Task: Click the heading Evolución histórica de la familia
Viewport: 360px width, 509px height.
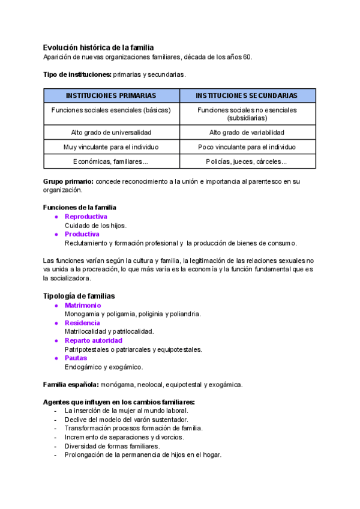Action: click(x=98, y=47)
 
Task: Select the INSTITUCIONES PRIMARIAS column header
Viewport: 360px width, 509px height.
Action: click(x=111, y=95)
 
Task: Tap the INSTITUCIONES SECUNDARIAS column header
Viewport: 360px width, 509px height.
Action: click(x=247, y=95)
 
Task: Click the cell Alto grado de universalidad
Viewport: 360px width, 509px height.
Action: click(x=111, y=132)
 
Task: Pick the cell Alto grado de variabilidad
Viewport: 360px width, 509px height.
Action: click(x=247, y=132)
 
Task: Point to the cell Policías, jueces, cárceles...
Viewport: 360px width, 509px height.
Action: click(x=247, y=161)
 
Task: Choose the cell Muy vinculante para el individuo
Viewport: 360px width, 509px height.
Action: click(x=111, y=147)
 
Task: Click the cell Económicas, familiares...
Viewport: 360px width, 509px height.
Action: click(x=111, y=161)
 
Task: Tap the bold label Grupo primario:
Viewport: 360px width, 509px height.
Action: click(x=68, y=181)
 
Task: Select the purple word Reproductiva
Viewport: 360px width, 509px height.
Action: click(x=86, y=217)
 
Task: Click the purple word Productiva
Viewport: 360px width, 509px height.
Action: click(x=82, y=234)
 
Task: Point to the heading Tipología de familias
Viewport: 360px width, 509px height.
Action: click(x=79, y=296)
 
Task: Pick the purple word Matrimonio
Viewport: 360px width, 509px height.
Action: click(x=83, y=306)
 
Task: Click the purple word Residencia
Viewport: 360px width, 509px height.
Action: click(x=83, y=323)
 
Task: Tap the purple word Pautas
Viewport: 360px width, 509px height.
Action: click(x=76, y=358)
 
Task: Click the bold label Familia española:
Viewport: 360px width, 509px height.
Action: click(x=71, y=384)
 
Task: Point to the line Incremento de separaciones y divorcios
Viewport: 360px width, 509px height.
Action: click(x=124, y=437)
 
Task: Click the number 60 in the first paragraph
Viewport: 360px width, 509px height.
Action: click(x=248, y=57)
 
